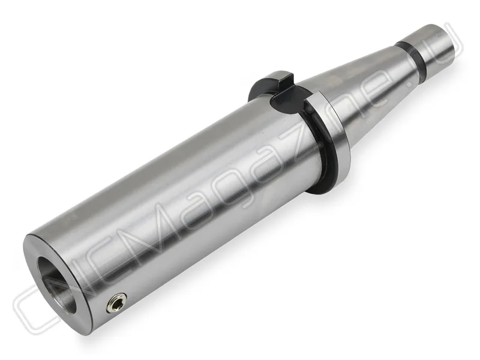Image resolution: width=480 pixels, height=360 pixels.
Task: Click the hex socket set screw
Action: (x=116, y=302)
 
